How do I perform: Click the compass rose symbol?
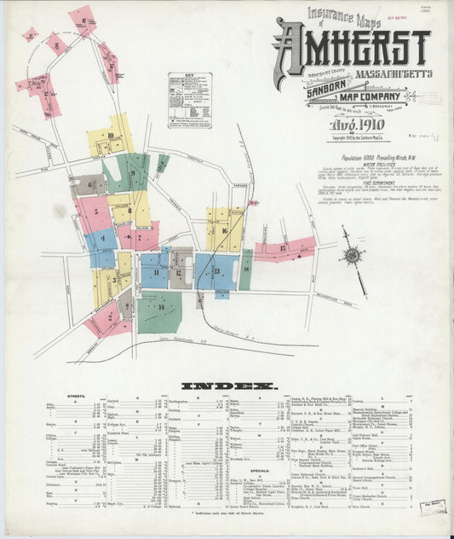click(351, 253)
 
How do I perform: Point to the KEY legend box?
click(190, 100)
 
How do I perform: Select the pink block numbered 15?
click(284, 249)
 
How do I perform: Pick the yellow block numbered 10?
click(111, 136)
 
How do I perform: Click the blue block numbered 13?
click(216, 271)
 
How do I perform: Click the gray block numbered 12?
click(181, 268)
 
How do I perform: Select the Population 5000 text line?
click(348, 160)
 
